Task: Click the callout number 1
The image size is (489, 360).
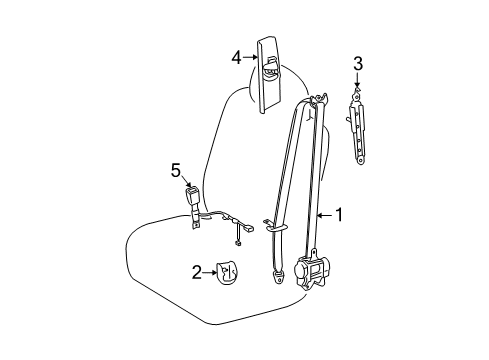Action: click(339, 215)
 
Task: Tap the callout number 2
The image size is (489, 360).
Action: click(197, 272)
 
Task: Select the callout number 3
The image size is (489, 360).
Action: click(358, 63)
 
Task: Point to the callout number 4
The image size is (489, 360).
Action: click(236, 58)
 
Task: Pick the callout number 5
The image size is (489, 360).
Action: click(176, 170)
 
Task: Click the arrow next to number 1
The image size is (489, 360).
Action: click(324, 216)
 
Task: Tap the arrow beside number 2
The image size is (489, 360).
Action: click(210, 273)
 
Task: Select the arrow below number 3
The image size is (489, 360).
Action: click(357, 81)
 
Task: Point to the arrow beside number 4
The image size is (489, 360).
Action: click(250, 57)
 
